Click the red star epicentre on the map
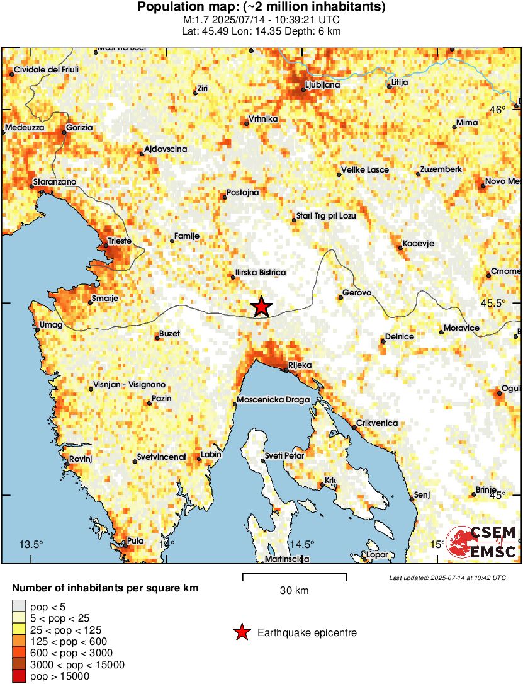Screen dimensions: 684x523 click(262, 307)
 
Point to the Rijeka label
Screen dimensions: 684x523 click(299, 365)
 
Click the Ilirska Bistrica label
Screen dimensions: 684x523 click(260, 273)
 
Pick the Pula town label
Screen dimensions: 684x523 click(135, 540)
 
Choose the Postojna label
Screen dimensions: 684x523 click(242, 192)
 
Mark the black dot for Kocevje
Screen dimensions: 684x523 click(400, 248)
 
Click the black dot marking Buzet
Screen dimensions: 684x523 click(157, 338)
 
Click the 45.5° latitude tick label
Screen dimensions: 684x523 click(493, 303)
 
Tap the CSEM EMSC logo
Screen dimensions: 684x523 click(481, 542)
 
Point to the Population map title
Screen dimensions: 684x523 click(261, 8)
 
